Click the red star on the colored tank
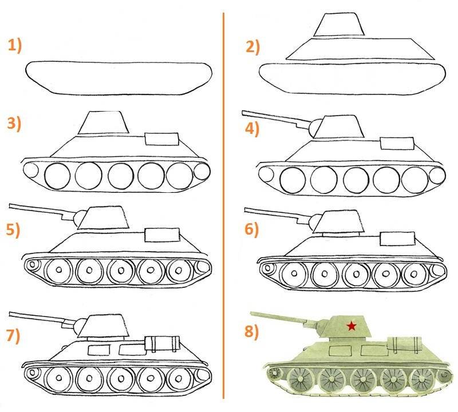click(352, 326)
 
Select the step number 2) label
click(252, 47)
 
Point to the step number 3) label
click(14, 124)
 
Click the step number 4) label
click(252, 129)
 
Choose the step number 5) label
click(13, 230)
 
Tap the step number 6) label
click(252, 229)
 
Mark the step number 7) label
click(13, 336)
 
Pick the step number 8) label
click(252, 332)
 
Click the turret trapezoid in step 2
click(339, 25)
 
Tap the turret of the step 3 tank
click(104, 122)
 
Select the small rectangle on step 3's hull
click(161, 139)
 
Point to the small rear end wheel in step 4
click(437, 175)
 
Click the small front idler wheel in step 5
click(32, 265)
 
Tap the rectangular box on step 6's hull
click(397, 239)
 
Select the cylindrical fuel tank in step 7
click(162, 343)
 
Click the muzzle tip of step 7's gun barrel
click(10, 314)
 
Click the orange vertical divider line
click(223, 205)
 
